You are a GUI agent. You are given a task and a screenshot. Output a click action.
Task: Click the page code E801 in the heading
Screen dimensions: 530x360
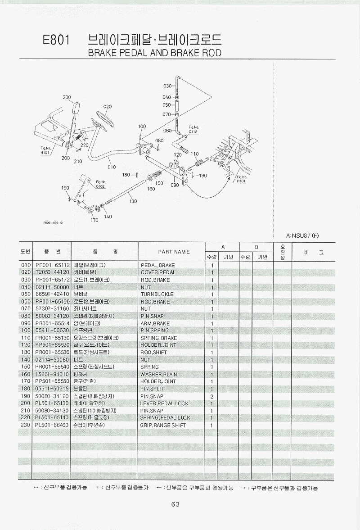pos(56,40)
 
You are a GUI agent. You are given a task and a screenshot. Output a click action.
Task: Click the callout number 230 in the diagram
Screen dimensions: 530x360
pos(67,97)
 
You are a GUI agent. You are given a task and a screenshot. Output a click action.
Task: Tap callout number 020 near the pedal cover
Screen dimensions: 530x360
pos(107,107)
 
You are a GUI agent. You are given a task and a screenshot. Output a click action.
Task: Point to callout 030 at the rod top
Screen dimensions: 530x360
pos(167,86)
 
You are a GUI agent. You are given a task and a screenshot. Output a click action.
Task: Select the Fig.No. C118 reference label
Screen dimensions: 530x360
pos(193,130)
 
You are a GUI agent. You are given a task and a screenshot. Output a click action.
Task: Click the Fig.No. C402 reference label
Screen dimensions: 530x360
pos(100,184)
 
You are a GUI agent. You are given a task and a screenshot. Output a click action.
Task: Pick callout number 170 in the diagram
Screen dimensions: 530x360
pos(94,220)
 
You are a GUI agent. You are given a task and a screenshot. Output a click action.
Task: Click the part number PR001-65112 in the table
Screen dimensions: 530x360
pos(52,265)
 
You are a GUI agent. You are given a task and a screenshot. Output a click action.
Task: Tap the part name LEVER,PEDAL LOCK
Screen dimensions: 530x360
pos(164,403)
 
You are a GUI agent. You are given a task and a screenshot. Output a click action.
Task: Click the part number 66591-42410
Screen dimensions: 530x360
pos(52,294)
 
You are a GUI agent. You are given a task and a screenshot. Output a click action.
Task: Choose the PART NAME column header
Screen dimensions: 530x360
pos(174,252)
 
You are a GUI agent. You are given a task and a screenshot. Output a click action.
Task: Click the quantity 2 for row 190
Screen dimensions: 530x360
pos(211,396)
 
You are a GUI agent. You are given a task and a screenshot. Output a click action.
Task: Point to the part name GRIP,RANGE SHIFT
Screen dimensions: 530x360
pos(163,425)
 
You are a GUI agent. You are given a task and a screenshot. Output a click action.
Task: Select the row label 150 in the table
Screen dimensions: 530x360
pos(25,367)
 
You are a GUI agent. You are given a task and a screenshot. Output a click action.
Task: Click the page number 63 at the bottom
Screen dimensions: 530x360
pos(175,504)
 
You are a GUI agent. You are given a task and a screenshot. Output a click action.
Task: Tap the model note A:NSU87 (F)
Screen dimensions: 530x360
pos(302,236)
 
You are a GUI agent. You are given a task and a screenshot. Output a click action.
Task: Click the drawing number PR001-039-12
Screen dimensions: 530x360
pos(53,222)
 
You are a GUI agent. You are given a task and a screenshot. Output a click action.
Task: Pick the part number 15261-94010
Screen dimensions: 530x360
pos(52,374)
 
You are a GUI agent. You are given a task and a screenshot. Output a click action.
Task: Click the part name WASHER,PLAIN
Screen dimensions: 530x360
pos(158,374)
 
